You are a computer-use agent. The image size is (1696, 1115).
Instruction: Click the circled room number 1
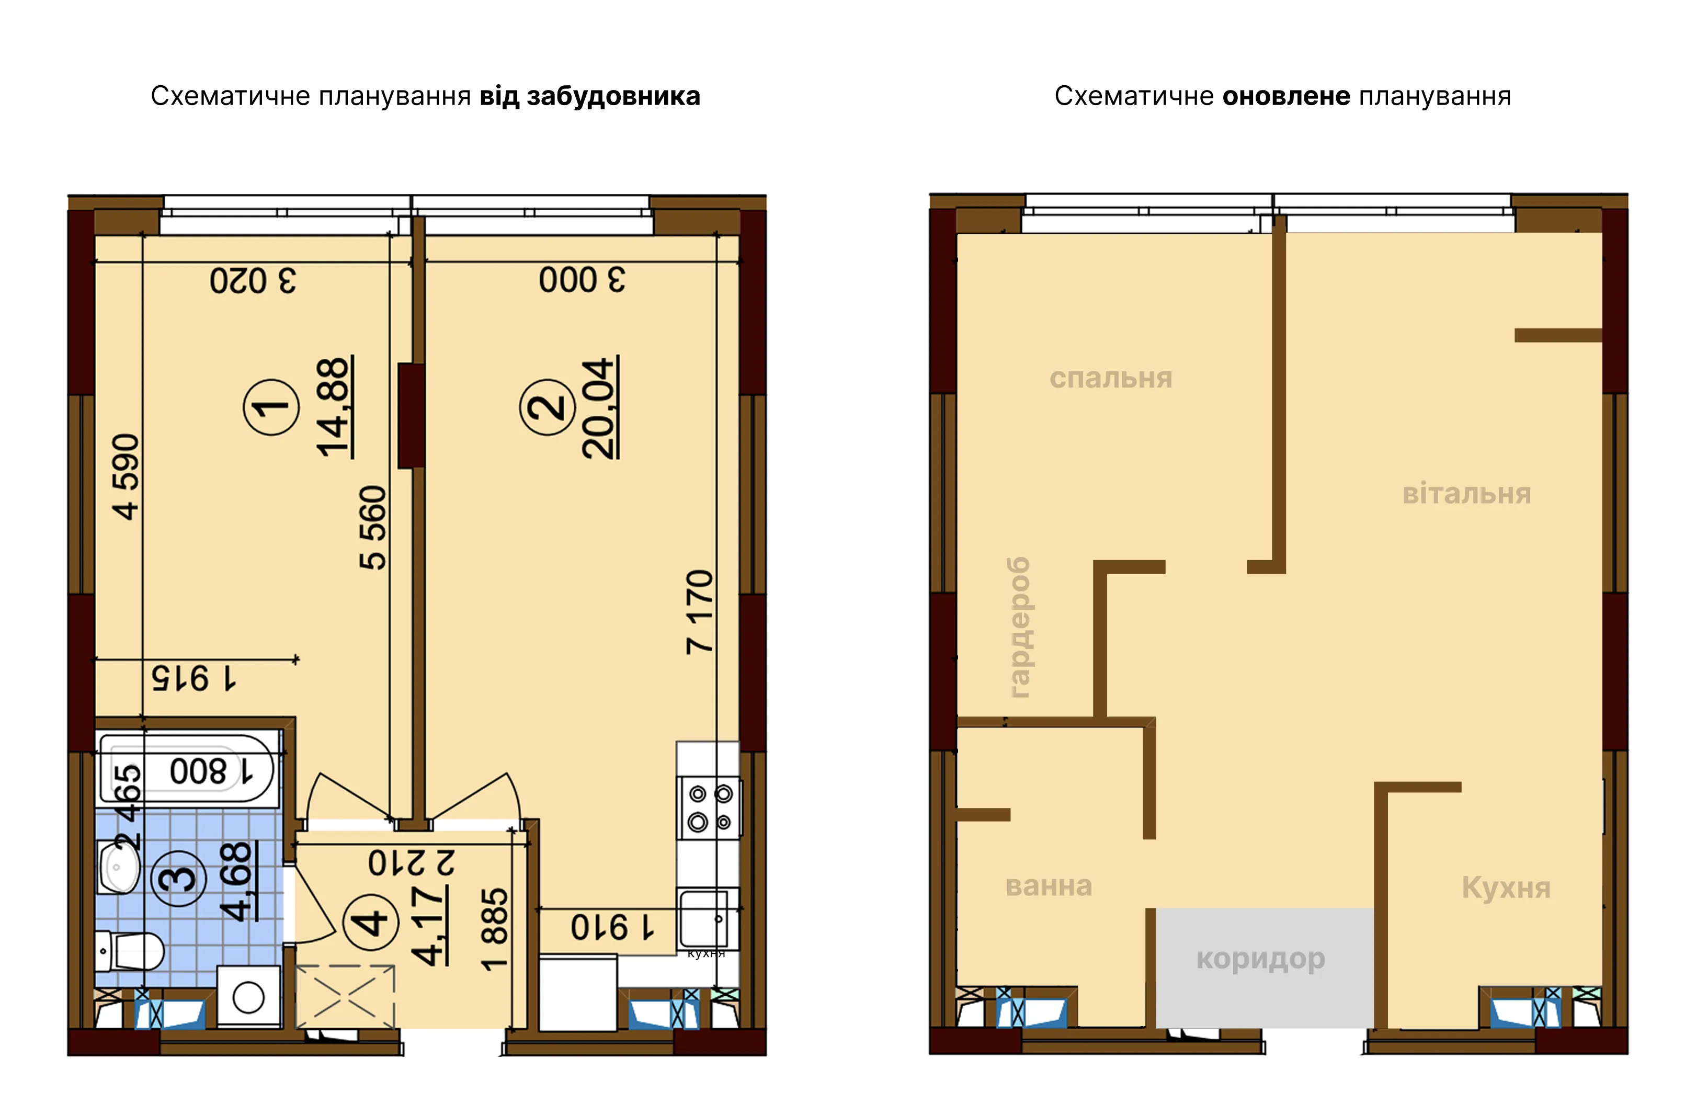coord(271,407)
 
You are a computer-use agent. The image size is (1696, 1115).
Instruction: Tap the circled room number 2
coord(547,407)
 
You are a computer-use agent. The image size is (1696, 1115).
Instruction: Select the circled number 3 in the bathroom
coord(178,878)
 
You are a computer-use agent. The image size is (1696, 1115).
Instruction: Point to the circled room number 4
coord(371,923)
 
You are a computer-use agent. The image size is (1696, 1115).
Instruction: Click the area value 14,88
coord(334,407)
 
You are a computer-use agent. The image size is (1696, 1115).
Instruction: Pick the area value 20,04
coord(599,407)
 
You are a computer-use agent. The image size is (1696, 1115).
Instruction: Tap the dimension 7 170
coord(700,611)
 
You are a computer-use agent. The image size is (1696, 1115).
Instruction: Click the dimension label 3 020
coord(253,280)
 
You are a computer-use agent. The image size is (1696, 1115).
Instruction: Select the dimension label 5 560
coord(373,527)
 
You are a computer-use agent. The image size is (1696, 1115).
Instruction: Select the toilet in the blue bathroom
coord(130,950)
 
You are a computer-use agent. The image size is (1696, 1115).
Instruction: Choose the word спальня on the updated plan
coord(1110,378)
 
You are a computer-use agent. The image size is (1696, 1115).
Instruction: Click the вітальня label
coord(1466,494)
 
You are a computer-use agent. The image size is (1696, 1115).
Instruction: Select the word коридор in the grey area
coord(1260,959)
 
